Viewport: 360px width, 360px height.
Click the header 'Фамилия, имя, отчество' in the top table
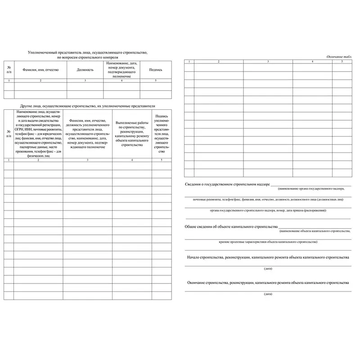point(40,70)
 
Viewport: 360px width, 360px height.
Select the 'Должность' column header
point(85,70)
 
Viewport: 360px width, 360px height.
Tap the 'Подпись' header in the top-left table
point(156,70)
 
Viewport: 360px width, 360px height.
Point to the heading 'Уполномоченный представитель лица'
point(88,53)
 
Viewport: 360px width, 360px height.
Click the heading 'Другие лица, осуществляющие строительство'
point(85,105)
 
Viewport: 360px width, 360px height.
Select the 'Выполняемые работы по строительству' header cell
point(132,134)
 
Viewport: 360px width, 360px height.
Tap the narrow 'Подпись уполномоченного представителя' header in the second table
point(162,134)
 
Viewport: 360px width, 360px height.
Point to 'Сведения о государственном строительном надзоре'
point(227,184)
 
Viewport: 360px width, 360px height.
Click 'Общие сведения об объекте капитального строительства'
point(231,226)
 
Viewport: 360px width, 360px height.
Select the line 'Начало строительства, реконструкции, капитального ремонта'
point(268,257)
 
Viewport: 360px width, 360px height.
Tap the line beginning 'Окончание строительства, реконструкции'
point(268,283)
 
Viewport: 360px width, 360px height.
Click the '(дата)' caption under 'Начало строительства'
point(268,268)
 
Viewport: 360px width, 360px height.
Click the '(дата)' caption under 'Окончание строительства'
point(268,293)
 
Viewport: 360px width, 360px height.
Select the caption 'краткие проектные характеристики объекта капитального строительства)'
point(268,242)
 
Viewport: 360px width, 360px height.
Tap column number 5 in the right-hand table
point(342,61)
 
